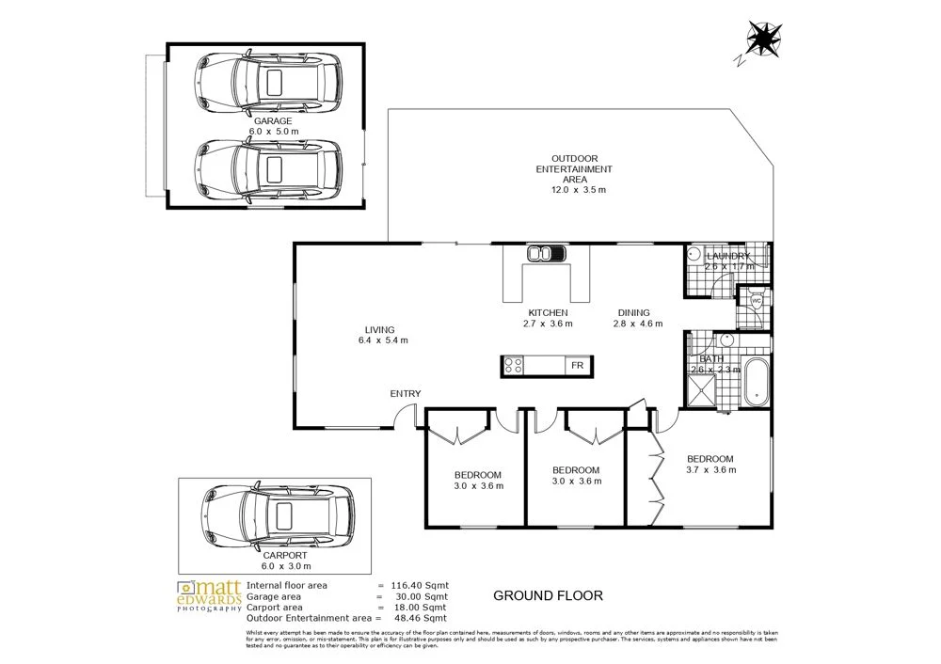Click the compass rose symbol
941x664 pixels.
click(763, 40)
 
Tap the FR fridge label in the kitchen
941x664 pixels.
click(576, 365)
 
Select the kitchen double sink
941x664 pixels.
click(545, 252)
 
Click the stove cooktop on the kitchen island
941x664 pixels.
click(514, 365)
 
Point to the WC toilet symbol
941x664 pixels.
click(756, 301)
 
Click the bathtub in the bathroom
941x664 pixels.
click(756, 381)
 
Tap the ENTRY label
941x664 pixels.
click(407, 394)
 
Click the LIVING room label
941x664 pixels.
click(380, 329)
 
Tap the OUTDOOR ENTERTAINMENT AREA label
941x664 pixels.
click(574, 169)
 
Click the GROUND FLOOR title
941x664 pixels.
click(548, 595)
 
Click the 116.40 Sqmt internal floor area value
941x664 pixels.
click(421, 585)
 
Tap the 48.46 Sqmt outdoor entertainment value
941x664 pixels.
click(421, 618)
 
